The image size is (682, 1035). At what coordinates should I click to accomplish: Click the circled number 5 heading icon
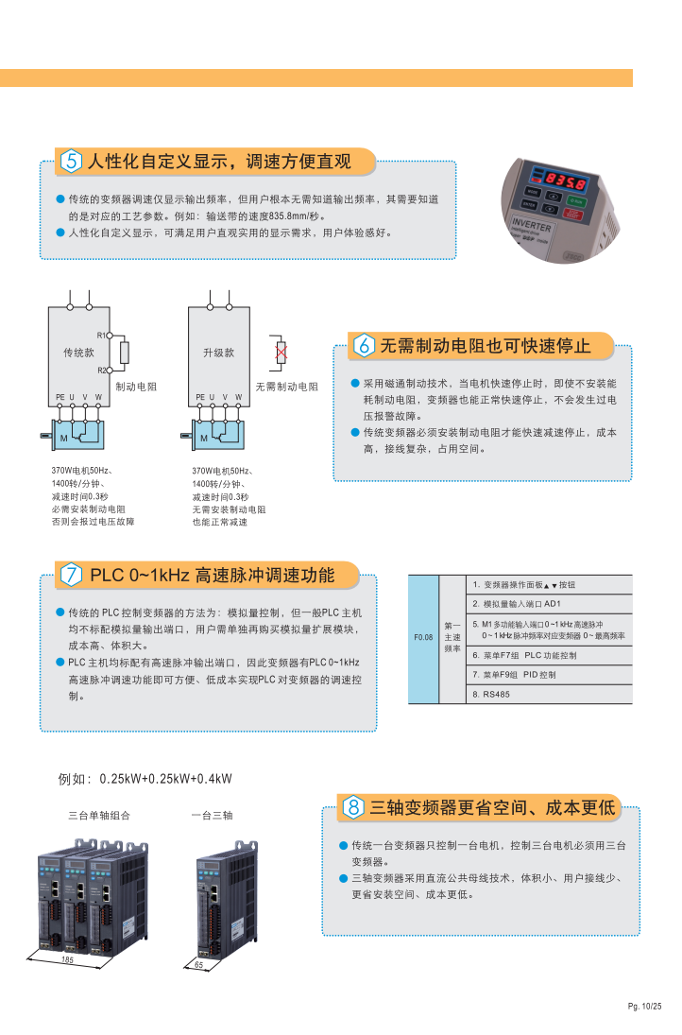tap(71, 161)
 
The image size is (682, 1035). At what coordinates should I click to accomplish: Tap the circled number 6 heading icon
tap(364, 345)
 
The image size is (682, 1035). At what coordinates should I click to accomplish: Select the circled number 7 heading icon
tap(71, 575)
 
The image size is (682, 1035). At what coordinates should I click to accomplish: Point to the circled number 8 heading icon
tap(353, 806)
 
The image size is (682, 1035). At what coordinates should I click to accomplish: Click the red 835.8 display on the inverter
tap(565, 180)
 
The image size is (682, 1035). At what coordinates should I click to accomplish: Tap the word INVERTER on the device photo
tap(532, 224)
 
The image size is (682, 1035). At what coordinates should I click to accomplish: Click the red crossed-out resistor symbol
tap(281, 352)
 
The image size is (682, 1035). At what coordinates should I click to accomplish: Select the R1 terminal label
tap(101, 336)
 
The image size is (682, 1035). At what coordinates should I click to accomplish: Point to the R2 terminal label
tap(101, 371)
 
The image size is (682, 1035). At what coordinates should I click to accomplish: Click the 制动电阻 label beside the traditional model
tap(136, 387)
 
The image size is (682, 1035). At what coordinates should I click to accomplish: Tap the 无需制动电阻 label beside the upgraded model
tap(287, 387)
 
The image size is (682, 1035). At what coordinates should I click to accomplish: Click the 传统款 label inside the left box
tap(78, 353)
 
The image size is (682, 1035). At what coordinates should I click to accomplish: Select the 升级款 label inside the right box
tap(219, 353)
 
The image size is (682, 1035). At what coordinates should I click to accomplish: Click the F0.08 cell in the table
tap(423, 638)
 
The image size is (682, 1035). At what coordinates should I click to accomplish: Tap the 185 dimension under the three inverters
tap(67, 959)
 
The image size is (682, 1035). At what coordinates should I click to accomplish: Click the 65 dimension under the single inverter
tap(199, 964)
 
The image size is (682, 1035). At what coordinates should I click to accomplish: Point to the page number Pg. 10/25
tap(644, 1006)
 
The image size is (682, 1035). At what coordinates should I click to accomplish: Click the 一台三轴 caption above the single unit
tap(213, 815)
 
